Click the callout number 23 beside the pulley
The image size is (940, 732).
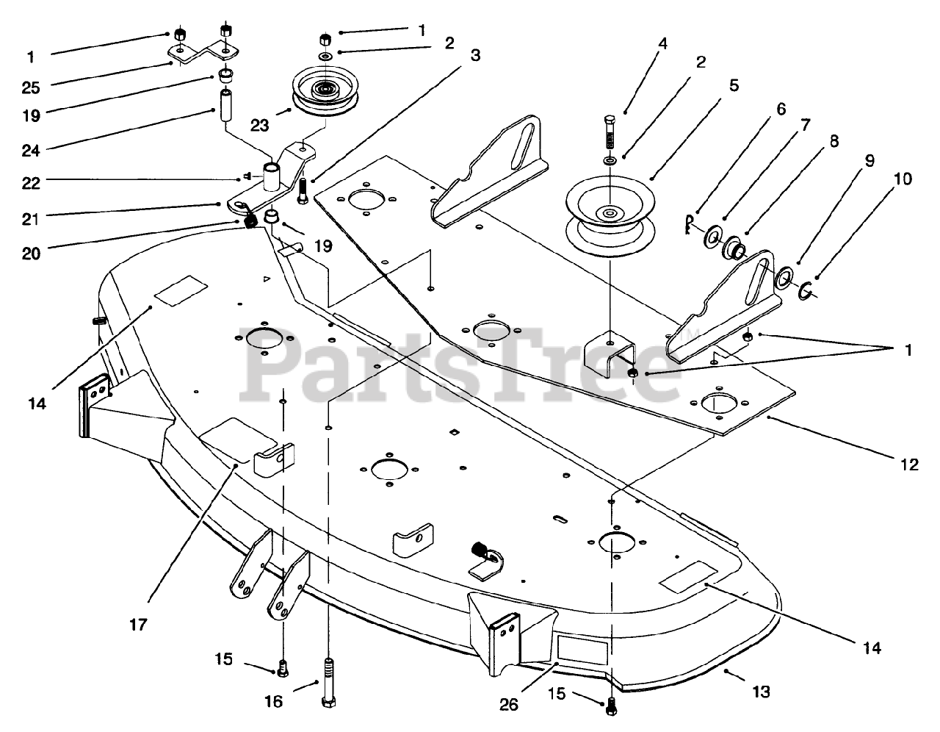pos(259,126)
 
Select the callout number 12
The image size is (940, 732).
pos(909,464)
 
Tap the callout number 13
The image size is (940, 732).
pos(762,692)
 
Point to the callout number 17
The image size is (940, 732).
pos(138,625)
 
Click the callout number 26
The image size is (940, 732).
pos(509,705)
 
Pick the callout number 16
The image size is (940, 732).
pos(273,702)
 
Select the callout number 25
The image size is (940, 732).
pos(31,88)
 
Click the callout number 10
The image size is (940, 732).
pos(903,179)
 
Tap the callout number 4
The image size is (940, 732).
pos(662,43)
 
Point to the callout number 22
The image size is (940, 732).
pos(31,183)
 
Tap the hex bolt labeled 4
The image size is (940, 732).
pos(609,132)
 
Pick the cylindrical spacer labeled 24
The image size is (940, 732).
pos(224,106)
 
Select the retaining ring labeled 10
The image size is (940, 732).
pos(806,291)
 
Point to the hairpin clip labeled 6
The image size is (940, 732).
pos(689,223)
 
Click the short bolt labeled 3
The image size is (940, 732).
pos(303,191)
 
